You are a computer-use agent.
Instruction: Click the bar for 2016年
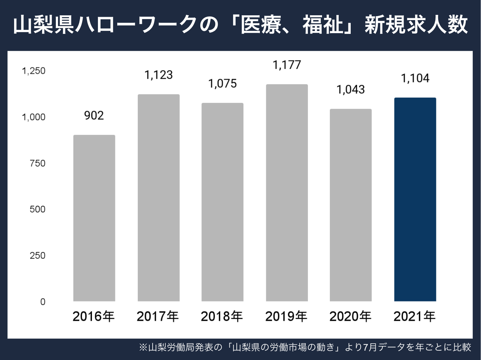tap(94, 218)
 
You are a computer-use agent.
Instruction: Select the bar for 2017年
tap(159, 198)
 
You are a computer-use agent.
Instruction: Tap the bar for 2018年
tap(222, 202)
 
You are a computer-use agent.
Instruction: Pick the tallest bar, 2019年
tap(287, 193)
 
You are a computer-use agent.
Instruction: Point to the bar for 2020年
tap(351, 205)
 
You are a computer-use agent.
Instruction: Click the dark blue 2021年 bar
tap(415, 199)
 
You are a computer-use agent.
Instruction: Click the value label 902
tap(94, 116)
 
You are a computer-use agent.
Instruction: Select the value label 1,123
tap(159, 75)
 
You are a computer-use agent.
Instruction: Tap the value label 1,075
tap(222, 83)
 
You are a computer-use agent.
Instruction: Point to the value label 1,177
tap(287, 65)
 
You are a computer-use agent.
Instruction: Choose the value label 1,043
tap(351, 89)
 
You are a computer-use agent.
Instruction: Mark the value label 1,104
tap(415, 78)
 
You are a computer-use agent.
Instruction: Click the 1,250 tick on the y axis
tap(34, 71)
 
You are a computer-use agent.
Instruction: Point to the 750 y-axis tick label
tap(38, 163)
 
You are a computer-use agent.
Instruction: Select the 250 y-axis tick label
tap(38, 256)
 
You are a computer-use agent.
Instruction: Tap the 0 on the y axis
tap(43, 302)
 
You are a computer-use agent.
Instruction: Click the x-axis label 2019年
tap(286, 316)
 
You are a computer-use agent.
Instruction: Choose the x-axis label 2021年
tap(415, 316)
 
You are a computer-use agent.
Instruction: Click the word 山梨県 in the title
tap(44, 25)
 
